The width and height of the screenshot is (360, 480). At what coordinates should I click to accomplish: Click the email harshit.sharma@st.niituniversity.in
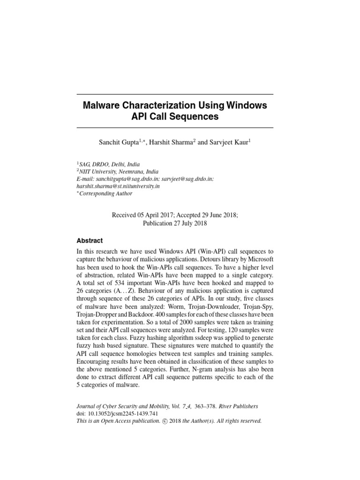click(118, 186)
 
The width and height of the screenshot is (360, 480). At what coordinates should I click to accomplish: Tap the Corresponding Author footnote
click(106, 194)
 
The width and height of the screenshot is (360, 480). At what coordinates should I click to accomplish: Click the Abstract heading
click(90, 240)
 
